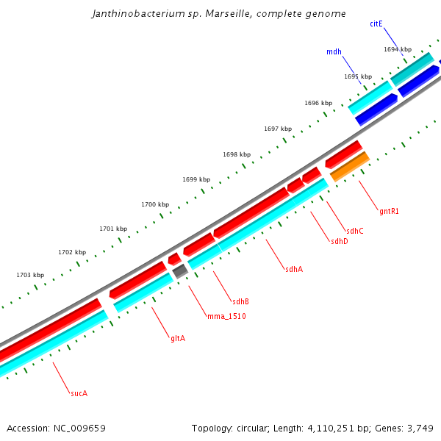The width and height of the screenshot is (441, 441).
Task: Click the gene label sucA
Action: tap(79, 394)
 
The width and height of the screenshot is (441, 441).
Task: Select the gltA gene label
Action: tap(178, 338)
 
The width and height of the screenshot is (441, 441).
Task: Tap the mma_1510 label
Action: tap(226, 316)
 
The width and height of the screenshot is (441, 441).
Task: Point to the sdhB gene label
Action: tap(240, 301)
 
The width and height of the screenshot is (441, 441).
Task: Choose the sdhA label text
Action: tap(294, 269)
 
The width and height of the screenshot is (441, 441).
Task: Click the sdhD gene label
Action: tap(340, 241)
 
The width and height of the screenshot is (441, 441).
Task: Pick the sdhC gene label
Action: tap(355, 231)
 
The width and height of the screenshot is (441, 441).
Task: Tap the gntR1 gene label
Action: tap(389, 211)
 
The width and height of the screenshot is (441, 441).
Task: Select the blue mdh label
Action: tap(334, 51)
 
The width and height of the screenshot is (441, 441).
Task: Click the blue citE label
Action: tap(376, 24)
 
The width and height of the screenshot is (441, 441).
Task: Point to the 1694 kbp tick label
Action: tap(398, 49)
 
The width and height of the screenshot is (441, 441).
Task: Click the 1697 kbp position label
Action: tap(278, 129)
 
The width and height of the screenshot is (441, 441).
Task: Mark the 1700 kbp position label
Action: tap(155, 204)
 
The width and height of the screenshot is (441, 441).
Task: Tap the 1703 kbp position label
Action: tap(30, 275)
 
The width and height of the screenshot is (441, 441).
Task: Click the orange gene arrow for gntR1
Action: tap(349, 167)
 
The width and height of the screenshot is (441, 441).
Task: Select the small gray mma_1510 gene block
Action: tap(180, 271)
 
